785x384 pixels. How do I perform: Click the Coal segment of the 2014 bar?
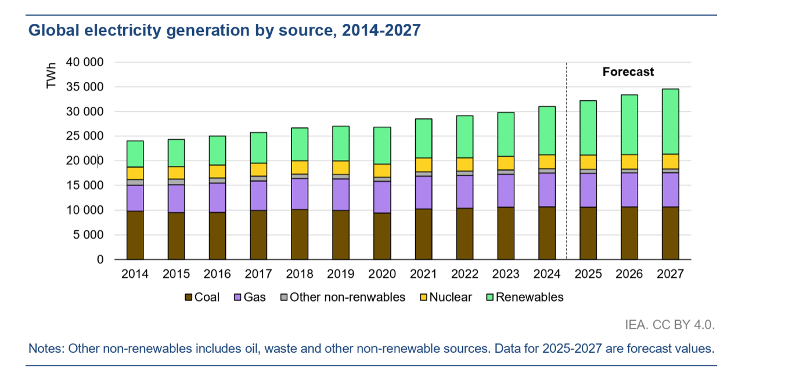click(x=135, y=235)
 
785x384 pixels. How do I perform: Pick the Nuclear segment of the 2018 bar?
click(x=300, y=167)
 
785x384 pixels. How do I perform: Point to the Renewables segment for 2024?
click(x=547, y=131)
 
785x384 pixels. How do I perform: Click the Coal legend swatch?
click(x=188, y=298)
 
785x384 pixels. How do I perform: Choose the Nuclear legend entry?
click(x=446, y=298)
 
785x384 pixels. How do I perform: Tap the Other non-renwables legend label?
click(x=347, y=298)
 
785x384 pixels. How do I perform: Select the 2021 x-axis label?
click(x=423, y=274)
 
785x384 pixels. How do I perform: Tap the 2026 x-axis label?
click(x=629, y=274)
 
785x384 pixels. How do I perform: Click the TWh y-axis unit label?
click(x=52, y=76)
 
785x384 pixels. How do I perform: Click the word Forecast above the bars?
click(x=628, y=72)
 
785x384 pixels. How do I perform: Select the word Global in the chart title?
click(x=50, y=31)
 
